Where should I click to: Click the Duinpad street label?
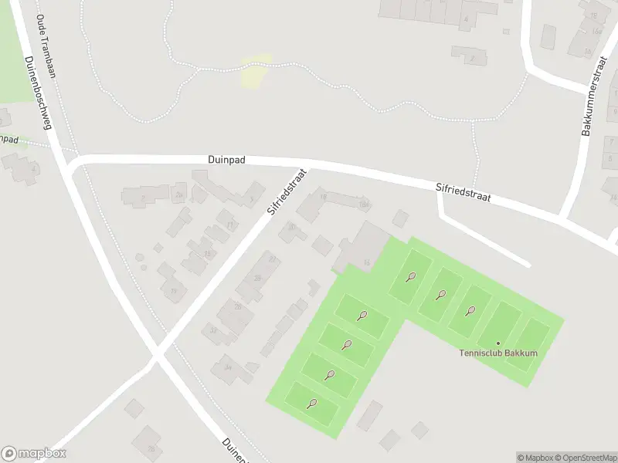click(x=226, y=160)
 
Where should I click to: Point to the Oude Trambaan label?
click(x=45, y=47)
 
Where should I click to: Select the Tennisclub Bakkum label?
click(x=498, y=353)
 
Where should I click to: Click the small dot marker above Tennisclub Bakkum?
click(x=498, y=343)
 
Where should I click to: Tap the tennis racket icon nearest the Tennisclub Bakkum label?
click(x=470, y=311)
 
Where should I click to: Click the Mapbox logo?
click(x=34, y=454)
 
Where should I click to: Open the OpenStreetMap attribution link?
click(x=587, y=458)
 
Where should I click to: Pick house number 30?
click(x=291, y=227)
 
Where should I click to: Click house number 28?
click(x=256, y=278)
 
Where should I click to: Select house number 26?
click(x=238, y=307)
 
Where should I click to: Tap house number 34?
click(x=227, y=367)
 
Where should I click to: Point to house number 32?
click(x=213, y=330)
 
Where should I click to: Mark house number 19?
click(x=174, y=291)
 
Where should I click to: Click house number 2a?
click(x=179, y=195)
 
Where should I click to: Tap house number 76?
click(x=151, y=448)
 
